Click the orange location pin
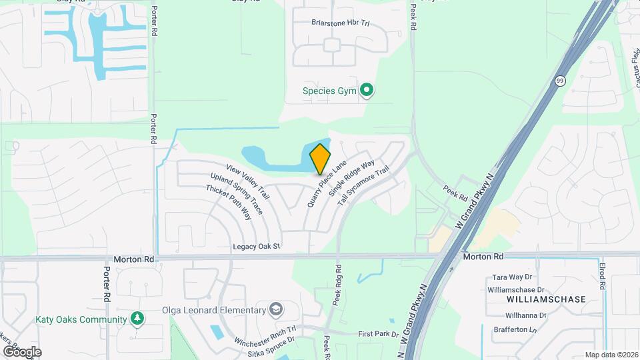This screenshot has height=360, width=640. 321,159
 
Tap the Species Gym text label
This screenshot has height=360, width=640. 331,90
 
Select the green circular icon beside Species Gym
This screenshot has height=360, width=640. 366,90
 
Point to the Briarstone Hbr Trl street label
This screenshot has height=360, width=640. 340,23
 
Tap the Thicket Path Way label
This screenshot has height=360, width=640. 229,202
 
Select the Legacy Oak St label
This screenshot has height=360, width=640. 257,247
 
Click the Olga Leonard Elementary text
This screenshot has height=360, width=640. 213,310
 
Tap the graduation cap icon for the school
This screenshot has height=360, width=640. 276,310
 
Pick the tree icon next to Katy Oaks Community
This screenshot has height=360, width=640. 137,319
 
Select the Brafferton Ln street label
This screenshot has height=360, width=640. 515,329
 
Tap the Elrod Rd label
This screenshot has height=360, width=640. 601,276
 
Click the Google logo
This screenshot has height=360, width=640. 22,351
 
